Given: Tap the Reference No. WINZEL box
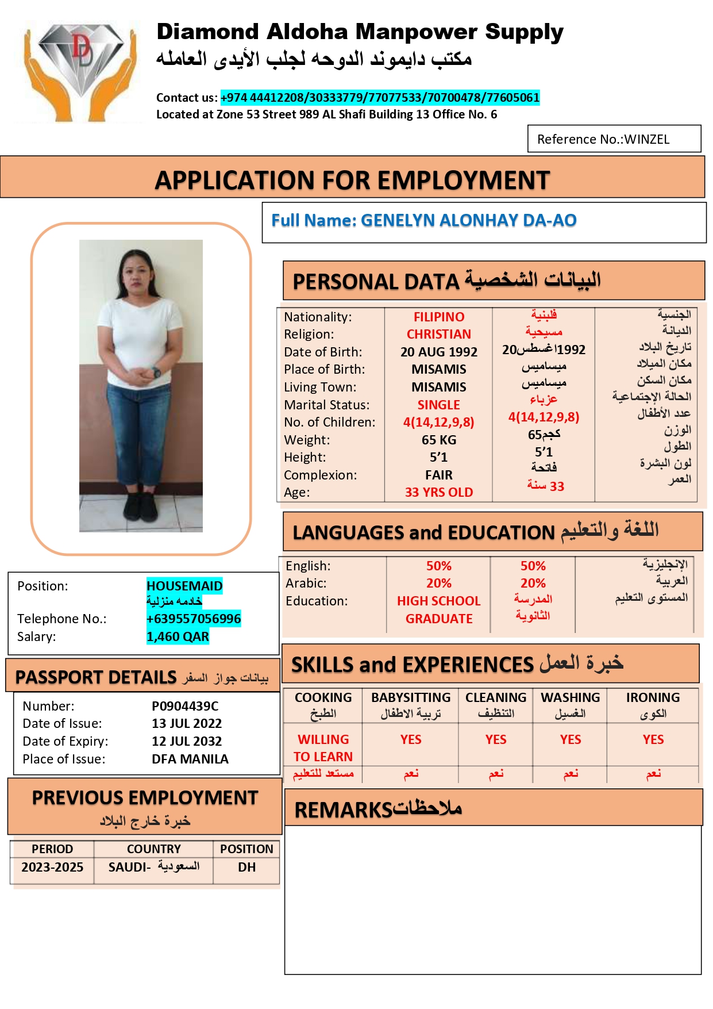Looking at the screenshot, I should click(x=614, y=139).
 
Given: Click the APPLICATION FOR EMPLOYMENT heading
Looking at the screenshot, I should click(x=352, y=180).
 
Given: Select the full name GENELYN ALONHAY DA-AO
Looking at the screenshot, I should click(x=468, y=220).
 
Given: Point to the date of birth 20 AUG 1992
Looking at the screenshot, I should click(x=439, y=352).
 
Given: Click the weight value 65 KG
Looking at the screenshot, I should click(x=439, y=440).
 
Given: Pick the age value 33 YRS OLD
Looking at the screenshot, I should click(x=439, y=492).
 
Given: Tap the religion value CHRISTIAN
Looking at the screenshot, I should click(x=439, y=334).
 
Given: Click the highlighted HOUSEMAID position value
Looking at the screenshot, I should click(x=184, y=586).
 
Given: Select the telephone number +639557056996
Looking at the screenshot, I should click(x=194, y=619).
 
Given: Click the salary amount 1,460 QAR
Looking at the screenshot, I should click(x=178, y=636).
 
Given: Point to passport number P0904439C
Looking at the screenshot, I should click(x=185, y=706).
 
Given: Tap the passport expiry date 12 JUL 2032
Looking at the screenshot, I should click(x=187, y=741).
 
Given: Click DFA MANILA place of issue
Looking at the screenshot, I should click(x=190, y=759).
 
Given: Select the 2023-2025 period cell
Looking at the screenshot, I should click(x=52, y=867).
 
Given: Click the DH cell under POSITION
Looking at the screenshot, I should click(x=246, y=867).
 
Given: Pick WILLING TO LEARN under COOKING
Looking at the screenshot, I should click(x=323, y=747).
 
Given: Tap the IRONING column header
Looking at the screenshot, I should click(x=653, y=697).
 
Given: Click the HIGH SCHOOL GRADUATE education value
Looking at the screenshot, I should click(x=439, y=609).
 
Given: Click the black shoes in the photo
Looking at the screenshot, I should click(x=140, y=506).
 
